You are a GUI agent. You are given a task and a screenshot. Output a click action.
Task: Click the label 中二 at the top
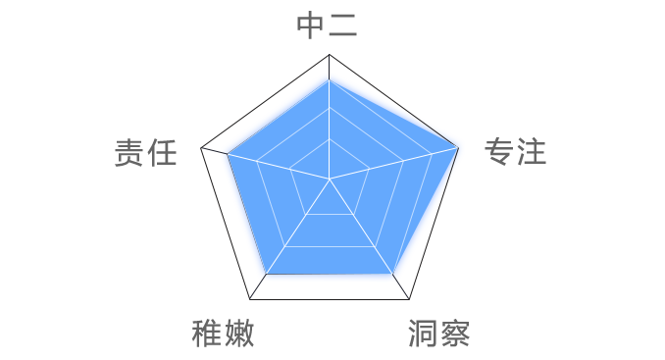[x=328, y=26]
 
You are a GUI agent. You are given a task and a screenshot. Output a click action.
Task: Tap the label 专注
[x=515, y=152]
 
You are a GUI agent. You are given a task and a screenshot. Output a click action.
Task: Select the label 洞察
[x=439, y=334]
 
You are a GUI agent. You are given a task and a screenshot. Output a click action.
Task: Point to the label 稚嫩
[x=223, y=334]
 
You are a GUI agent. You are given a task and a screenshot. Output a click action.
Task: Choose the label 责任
[x=145, y=153]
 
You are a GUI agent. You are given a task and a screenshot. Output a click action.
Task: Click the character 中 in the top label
[x=311, y=26]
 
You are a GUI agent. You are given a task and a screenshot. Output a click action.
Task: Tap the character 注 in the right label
[x=532, y=152]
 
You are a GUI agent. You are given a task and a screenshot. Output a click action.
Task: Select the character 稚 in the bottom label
[x=206, y=334]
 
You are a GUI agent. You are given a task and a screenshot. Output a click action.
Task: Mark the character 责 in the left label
[x=128, y=153]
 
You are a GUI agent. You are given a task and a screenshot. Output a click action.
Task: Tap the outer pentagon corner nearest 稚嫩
[x=249, y=299]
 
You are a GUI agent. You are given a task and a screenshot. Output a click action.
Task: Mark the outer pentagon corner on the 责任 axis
[x=201, y=150]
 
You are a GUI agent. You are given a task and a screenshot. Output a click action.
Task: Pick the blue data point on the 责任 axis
[x=224, y=153]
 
